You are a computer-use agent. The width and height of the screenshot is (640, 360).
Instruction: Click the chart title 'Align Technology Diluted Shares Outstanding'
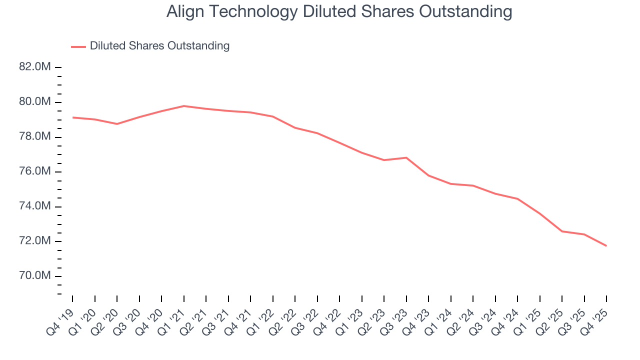339,12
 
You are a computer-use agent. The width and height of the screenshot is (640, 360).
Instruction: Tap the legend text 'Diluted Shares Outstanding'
159,46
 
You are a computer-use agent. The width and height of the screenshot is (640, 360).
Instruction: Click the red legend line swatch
78,46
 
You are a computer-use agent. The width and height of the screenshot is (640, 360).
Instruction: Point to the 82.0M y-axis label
35,67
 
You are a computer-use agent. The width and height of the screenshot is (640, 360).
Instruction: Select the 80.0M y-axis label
35,102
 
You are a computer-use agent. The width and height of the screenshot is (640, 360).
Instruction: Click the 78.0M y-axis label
35,137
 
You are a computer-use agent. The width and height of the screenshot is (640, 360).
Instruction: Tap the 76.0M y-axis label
35,171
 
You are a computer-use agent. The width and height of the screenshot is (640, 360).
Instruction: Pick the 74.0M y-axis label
35,206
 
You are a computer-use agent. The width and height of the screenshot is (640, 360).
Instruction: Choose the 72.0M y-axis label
35,241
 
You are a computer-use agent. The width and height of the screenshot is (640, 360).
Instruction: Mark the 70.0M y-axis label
35,276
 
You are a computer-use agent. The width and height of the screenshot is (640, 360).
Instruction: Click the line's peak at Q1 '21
184,106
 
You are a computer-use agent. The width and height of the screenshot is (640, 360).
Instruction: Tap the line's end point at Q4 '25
606,245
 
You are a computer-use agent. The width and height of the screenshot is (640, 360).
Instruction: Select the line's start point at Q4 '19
72,117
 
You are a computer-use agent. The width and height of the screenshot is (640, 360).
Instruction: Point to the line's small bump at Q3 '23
406,157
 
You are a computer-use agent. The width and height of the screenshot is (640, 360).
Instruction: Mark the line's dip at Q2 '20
117,123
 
